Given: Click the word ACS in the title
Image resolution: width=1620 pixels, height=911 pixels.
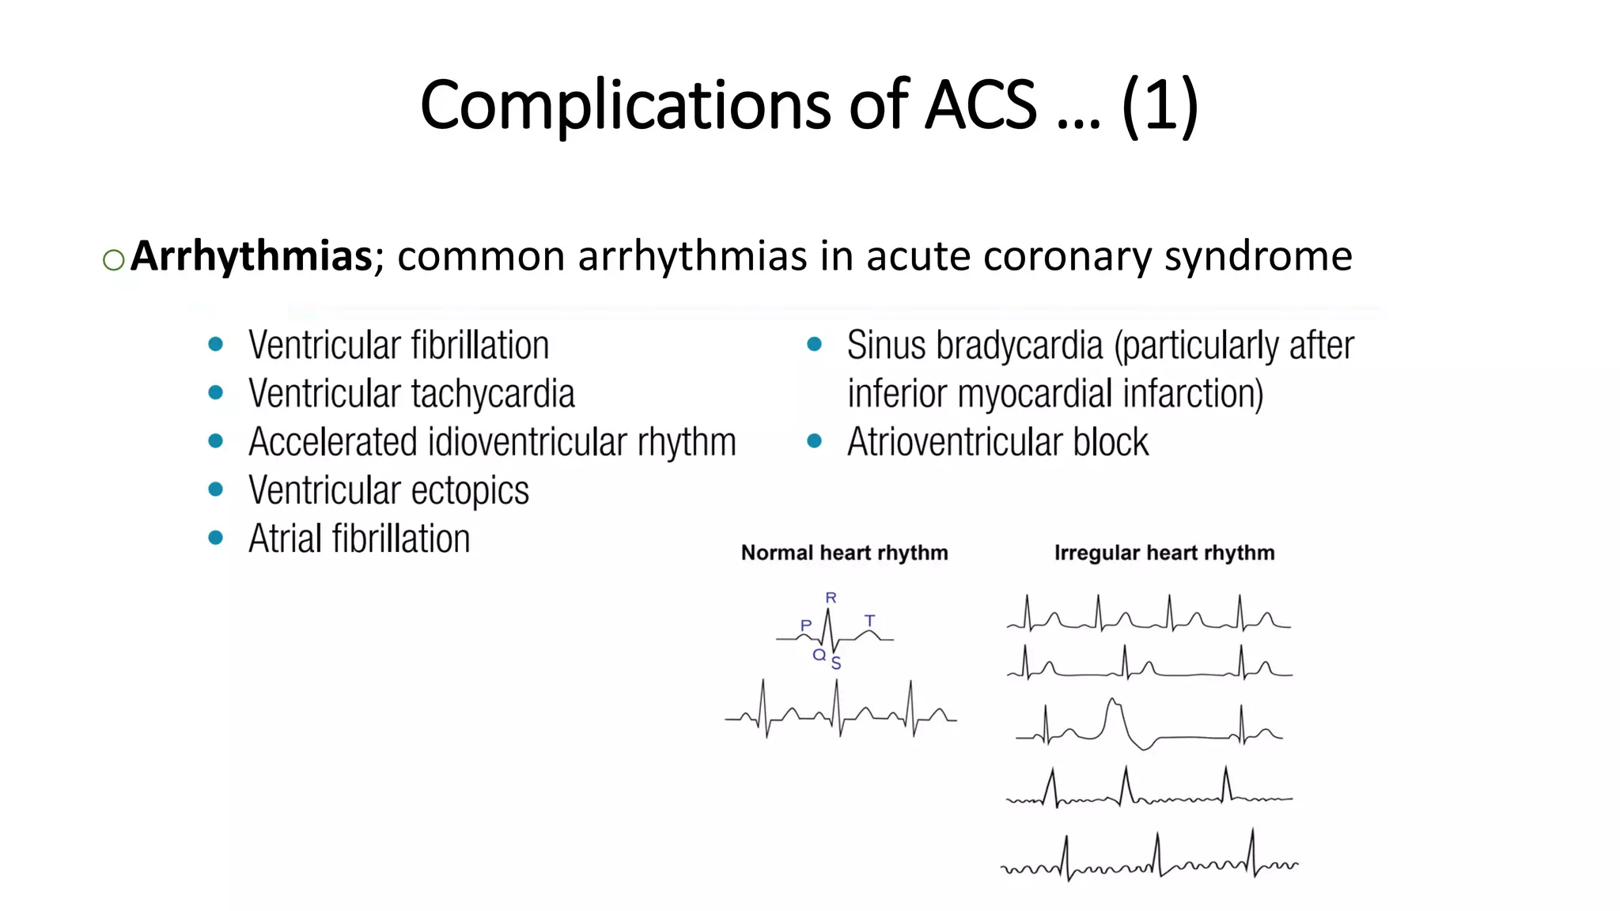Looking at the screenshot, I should (980, 105).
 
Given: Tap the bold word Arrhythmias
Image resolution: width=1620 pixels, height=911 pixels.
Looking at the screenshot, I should (251, 256).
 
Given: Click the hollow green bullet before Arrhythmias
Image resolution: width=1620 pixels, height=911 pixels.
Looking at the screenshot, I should (114, 260).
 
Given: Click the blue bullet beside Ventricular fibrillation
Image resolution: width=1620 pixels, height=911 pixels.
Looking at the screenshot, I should (215, 345).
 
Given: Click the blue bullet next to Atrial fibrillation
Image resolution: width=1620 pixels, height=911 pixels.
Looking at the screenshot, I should (215, 539).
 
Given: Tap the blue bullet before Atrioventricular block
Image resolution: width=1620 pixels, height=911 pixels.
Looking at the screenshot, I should (814, 441).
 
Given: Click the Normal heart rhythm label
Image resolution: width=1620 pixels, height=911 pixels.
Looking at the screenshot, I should (844, 553).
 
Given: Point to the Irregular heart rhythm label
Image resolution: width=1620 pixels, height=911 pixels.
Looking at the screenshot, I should (1164, 553).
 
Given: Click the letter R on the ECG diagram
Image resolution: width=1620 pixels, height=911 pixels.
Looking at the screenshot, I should (831, 598).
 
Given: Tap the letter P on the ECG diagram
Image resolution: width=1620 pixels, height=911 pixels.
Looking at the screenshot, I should (806, 626).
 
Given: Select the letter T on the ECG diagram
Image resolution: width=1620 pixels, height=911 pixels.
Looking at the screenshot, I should (870, 621).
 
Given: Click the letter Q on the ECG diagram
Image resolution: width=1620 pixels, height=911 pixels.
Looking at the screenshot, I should (819, 655).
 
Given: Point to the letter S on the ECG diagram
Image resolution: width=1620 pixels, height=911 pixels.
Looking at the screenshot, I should (836, 663).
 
